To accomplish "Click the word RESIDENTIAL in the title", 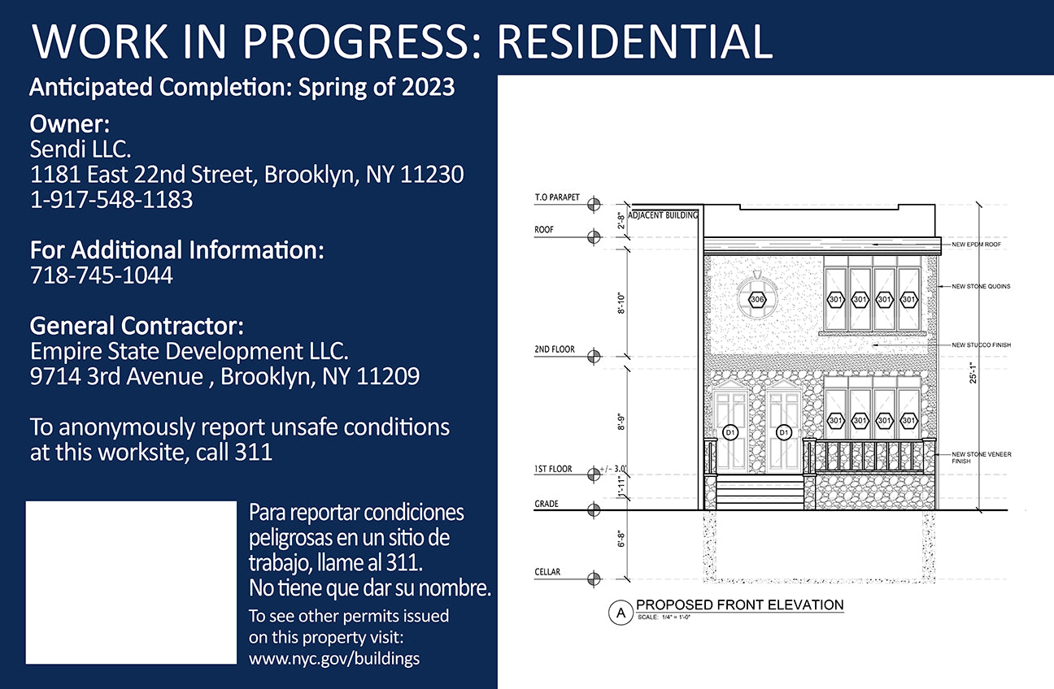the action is pos(634,41).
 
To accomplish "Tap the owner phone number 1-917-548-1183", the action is pos(111,199).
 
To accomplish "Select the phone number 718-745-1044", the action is pos(102,275).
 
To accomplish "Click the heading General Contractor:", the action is pos(137,325).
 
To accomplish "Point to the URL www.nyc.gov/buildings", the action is pos(334,658).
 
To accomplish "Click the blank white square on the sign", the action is pos(131,583).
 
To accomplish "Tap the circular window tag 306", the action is pos(756,299).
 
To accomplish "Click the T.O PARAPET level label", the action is pos(557,197).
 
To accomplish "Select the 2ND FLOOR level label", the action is pos(555,349).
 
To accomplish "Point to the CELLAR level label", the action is pos(547,572).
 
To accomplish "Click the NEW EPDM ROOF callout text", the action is pos(977,245).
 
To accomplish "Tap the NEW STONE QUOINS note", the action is pos(981,286).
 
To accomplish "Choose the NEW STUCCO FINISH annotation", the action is pos(982,345).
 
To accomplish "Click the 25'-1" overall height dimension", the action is pos(973,373).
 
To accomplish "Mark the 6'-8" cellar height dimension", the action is pos(621,539).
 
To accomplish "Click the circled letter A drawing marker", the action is pos(621,613).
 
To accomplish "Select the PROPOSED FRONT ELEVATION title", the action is pos(740,604).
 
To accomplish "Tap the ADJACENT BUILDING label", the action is pos(663,215).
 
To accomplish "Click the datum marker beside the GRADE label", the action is pos(594,509).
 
